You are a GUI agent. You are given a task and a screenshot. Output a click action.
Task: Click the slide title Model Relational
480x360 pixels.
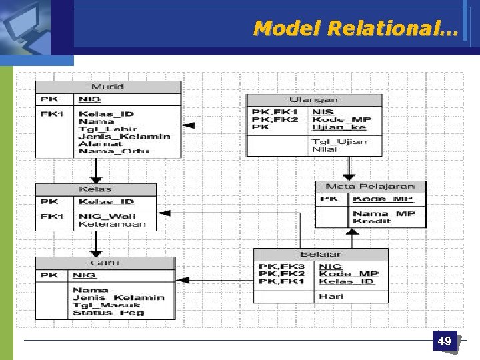(355, 28)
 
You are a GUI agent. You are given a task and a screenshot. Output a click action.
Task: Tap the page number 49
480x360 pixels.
(444, 341)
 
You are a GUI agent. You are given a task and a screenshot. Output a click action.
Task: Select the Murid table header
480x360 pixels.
(107, 87)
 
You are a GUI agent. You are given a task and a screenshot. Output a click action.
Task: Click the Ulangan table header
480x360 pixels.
(313, 100)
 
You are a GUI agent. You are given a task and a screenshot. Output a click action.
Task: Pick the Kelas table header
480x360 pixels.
(95, 189)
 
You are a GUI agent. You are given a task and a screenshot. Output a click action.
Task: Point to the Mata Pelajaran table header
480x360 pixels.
(370, 187)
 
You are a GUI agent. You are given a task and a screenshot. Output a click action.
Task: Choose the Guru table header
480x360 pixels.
(105, 263)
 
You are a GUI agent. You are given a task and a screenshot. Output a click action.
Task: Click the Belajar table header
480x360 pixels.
(321, 254)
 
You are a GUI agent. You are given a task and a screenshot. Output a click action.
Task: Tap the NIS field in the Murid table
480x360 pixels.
(89, 99)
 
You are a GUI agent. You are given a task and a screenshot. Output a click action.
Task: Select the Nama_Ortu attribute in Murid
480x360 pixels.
(113, 151)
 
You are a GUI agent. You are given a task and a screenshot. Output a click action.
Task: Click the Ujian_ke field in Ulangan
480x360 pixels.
(339, 127)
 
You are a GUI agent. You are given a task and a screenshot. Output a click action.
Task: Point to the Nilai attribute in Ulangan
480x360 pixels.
(324, 150)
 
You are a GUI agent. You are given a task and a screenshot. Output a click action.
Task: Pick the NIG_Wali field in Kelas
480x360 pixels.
(108, 215)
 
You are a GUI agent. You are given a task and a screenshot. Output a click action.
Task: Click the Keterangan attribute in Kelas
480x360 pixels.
(112, 224)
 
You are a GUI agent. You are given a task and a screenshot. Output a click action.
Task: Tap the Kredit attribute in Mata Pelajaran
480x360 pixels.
(372, 221)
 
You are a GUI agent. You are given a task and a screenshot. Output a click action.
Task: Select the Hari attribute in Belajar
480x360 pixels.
(330, 295)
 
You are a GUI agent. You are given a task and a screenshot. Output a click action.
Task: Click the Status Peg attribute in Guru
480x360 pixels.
(108, 313)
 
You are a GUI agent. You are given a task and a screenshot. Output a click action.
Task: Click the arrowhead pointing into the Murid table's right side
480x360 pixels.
(187, 125)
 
